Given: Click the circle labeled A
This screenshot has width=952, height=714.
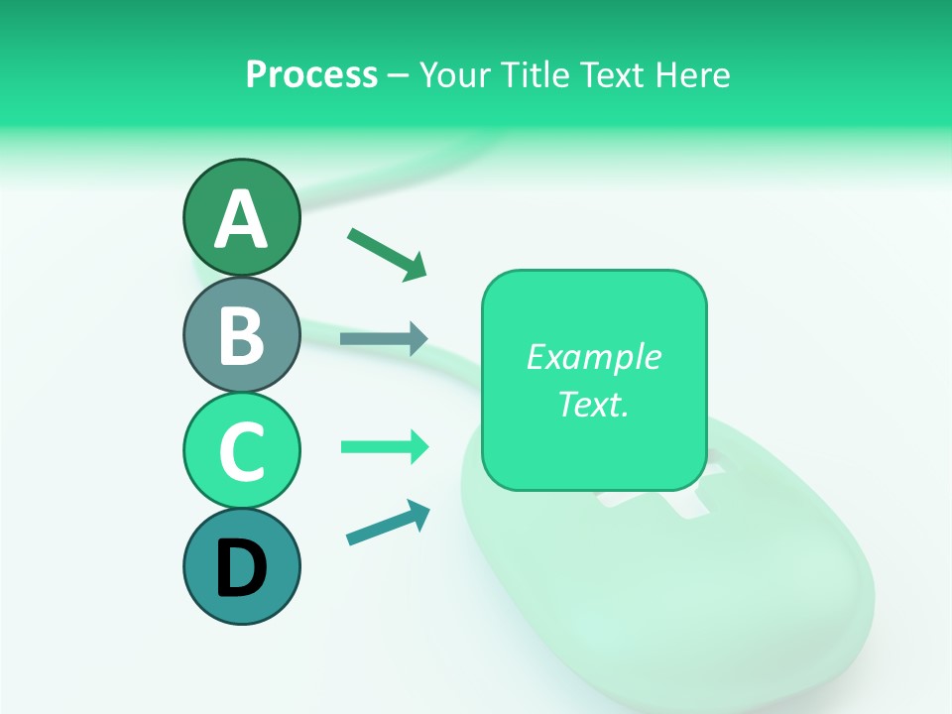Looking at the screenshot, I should (x=241, y=218).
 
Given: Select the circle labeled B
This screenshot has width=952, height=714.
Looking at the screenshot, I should (x=241, y=334).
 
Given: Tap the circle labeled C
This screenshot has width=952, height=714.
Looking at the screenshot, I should (x=241, y=450).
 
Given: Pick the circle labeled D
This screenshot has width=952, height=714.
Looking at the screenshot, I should (x=241, y=566).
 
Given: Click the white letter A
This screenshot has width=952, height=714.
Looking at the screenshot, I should (x=241, y=220).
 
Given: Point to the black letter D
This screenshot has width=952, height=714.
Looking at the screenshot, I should (x=241, y=568).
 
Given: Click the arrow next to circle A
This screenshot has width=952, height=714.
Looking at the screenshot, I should (x=387, y=253).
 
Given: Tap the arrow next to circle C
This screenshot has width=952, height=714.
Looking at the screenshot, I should (x=384, y=446).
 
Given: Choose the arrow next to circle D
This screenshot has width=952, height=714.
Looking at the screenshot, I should (x=388, y=523).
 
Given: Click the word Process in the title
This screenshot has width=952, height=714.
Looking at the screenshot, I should (x=311, y=75).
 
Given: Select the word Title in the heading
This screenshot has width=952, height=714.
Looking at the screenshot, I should (x=534, y=75).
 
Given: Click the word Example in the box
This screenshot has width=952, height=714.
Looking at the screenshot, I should (x=593, y=357).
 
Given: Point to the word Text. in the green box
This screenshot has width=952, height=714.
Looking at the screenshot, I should (x=593, y=404).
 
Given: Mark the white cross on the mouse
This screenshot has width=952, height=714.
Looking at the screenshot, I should (x=654, y=501).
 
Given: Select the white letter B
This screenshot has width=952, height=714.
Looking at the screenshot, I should (x=241, y=336).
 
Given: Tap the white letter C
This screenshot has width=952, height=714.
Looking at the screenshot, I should (x=241, y=452).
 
